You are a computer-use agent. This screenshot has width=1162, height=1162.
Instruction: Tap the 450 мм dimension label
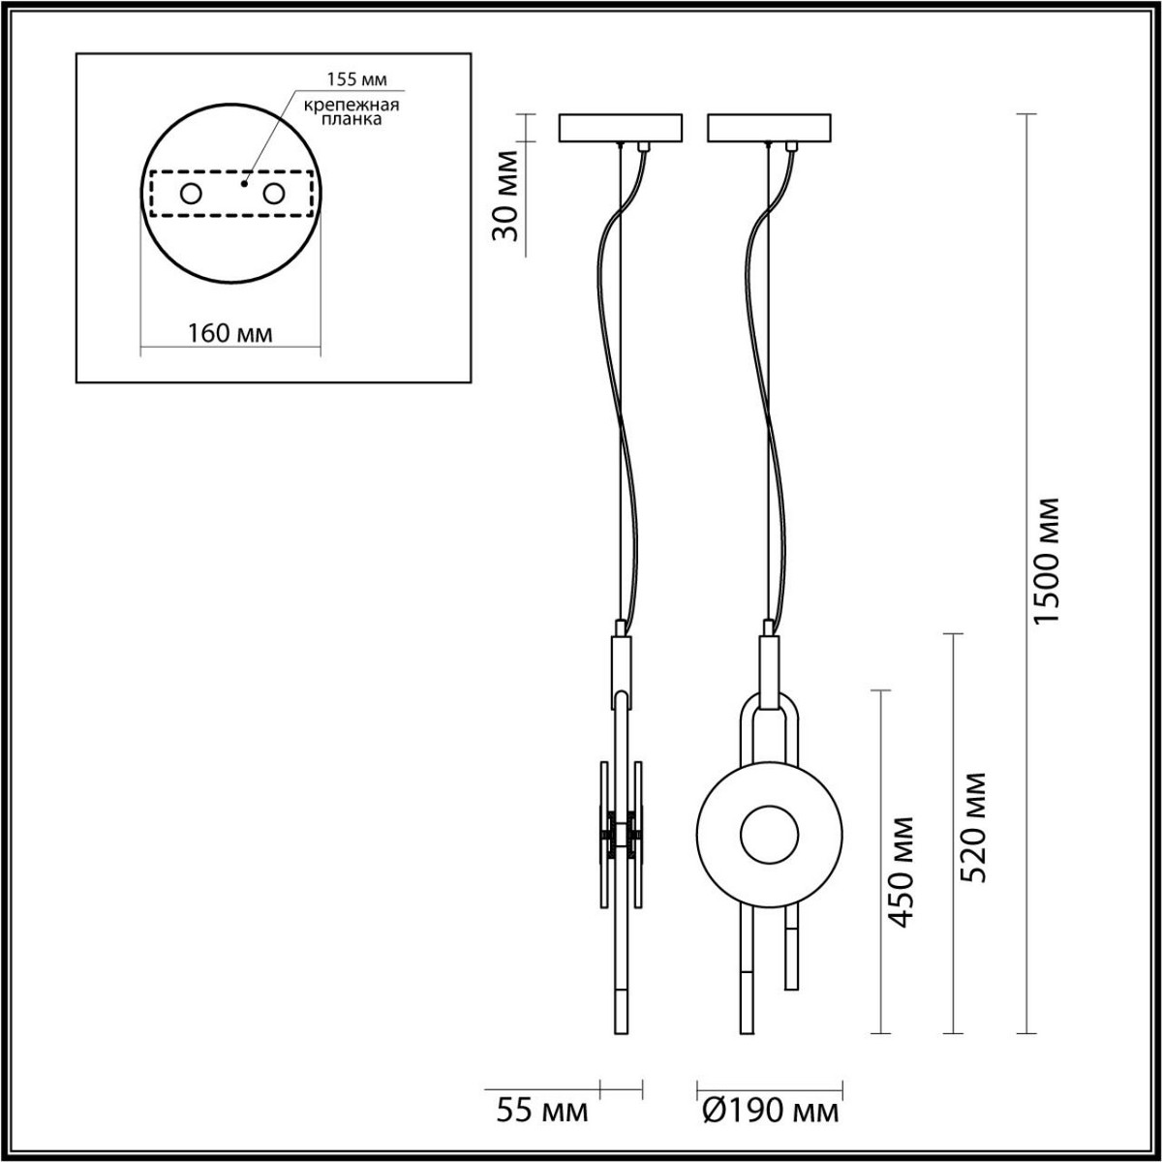pyautogui.click(x=901, y=871)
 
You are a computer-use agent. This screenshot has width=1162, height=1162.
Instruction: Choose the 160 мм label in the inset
pyautogui.click(x=229, y=333)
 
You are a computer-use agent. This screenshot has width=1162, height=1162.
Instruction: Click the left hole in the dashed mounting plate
pyautogui.click(x=190, y=194)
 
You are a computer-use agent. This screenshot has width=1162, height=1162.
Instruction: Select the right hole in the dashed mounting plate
pyautogui.click(x=274, y=194)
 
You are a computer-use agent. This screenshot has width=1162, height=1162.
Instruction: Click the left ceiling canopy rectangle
pyautogui.click(x=621, y=128)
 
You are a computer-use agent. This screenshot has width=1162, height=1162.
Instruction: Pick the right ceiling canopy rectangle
pyautogui.click(x=769, y=128)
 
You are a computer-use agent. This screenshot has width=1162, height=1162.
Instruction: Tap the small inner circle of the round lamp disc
pyautogui.click(x=769, y=832)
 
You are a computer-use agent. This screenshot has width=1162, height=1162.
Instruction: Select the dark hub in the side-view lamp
pyautogui.click(x=621, y=833)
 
